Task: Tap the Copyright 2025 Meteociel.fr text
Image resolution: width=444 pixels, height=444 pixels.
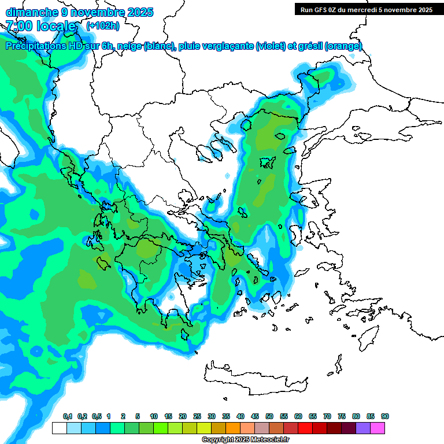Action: click(x=245, y=440)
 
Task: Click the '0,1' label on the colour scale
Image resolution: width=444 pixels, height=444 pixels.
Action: click(x=68, y=417)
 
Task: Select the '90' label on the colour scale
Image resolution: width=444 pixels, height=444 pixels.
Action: click(x=385, y=417)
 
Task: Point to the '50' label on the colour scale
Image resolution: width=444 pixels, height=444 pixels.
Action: click(x=269, y=417)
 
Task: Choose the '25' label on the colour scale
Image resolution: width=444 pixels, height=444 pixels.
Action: click(x=197, y=417)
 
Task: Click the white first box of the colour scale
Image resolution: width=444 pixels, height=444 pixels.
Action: click(x=59, y=428)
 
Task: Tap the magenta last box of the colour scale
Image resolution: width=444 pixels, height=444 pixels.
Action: click(x=378, y=428)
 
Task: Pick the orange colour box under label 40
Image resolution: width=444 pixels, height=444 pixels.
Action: click(x=233, y=428)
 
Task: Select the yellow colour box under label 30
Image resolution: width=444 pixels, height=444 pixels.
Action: click(x=204, y=428)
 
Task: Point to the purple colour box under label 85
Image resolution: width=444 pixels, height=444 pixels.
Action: click(x=363, y=428)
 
